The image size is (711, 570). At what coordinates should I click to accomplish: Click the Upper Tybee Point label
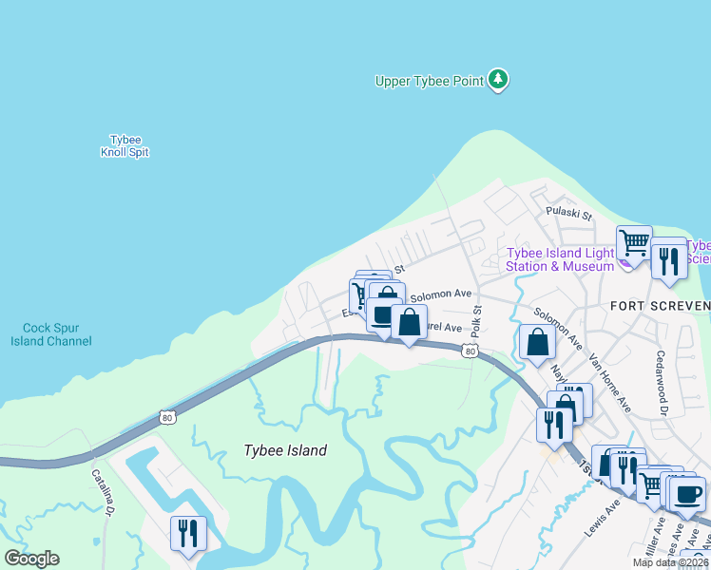click(x=429, y=81)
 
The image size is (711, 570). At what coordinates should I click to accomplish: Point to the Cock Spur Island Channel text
click(x=51, y=335)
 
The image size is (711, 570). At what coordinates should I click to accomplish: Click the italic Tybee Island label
click(x=284, y=450)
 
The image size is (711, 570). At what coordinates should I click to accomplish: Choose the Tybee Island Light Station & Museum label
click(x=560, y=259)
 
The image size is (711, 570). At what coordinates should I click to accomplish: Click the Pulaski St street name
click(x=568, y=215)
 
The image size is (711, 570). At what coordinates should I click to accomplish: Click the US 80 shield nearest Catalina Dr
click(x=167, y=416)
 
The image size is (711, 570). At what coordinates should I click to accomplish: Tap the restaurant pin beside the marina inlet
click(x=187, y=532)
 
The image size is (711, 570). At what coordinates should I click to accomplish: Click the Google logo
click(x=31, y=559)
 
